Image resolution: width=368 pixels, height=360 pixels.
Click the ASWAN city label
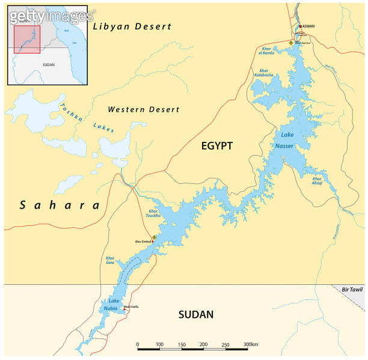tap(308, 26)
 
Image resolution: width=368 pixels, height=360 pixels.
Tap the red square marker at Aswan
tap(300, 26)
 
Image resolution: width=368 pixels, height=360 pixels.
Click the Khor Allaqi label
tap(318, 180)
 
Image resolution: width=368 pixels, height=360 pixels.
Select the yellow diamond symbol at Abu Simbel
tap(155, 237)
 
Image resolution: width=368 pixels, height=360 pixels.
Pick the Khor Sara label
tap(109, 261)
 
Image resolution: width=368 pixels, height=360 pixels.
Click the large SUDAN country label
tap(196, 314)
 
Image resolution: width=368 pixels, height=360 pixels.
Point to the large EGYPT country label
tap(216, 146)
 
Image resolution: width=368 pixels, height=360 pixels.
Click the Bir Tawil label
tap(352, 290)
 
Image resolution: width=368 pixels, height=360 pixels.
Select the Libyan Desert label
tap(132, 26)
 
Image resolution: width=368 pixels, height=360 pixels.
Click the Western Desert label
tap(143, 109)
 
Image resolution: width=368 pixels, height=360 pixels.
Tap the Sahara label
tap(60, 206)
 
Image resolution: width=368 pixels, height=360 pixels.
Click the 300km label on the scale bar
tap(251, 344)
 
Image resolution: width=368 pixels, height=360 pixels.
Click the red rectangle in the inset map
tap(27, 39)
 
